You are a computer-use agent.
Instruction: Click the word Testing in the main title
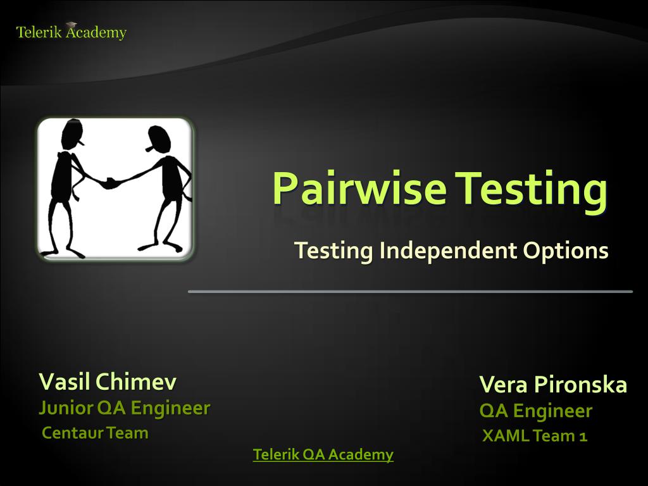pos(532,189)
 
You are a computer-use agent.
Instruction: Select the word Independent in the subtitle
pos(448,251)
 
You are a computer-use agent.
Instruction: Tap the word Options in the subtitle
pos(566,251)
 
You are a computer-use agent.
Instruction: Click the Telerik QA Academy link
pos(323,454)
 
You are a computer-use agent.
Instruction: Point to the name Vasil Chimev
pos(108,382)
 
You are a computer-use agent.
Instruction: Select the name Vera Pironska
pos(553,384)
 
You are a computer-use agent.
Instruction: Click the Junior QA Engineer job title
pos(124,408)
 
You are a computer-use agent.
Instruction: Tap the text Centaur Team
pos(95,433)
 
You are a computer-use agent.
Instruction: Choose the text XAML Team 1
pos(535,436)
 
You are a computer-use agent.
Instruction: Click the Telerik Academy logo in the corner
pos(71,32)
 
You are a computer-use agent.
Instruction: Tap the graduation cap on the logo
pos(71,25)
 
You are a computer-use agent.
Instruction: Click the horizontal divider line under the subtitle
pos(410,292)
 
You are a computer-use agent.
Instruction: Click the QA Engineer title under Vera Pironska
pos(535,411)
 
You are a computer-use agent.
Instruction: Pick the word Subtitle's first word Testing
pos(333,251)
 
